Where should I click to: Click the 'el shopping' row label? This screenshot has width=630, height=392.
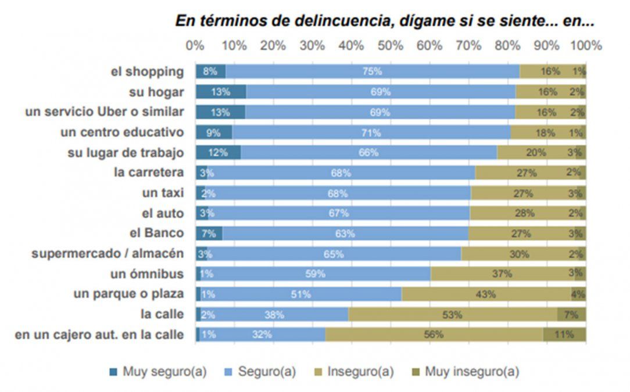[148, 72]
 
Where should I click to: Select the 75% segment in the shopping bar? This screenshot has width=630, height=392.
[372, 71]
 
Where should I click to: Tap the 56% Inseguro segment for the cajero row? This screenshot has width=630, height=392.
[434, 335]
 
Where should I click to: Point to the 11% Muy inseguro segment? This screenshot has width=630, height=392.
[564, 335]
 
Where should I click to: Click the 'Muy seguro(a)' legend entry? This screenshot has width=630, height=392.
[158, 372]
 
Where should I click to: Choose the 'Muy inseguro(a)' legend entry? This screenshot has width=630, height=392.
[465, 372]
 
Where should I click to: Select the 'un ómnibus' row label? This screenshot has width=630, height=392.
[147, 274]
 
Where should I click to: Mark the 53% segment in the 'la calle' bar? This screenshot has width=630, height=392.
[452, 314]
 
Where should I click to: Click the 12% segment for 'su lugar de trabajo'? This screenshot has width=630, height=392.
[218, 153]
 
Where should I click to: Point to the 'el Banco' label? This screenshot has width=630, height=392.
[156, 233]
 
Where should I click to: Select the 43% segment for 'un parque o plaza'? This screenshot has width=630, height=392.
[486, 294]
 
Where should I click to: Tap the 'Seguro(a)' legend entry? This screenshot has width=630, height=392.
[260, 372]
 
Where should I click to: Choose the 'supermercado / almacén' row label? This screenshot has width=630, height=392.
[108, 254]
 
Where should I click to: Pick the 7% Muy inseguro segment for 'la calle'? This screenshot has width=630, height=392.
[572, 314]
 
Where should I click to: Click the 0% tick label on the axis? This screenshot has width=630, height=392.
[195, 45]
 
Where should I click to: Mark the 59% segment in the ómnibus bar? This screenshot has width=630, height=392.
[315, 274]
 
